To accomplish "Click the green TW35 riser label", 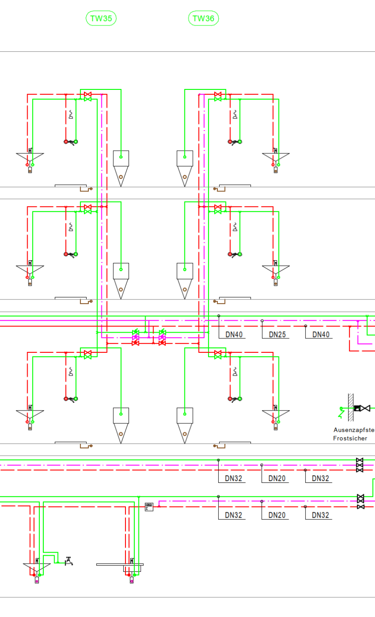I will click(101, 18).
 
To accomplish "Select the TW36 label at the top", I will click(204, 18).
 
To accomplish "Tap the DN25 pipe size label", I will click(277, 334).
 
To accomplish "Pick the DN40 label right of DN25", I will click(321, 334).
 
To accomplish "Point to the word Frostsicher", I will click(350, 438).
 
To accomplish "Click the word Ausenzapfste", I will click(354, 430).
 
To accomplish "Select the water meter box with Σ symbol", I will click(149, 507).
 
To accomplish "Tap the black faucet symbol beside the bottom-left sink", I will click(68, 561).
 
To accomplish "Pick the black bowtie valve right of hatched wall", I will click(365, 408).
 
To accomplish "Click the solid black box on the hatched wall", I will click(357, 408).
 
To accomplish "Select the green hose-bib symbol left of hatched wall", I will click(342, 411).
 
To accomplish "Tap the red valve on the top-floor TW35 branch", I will click(87, 94).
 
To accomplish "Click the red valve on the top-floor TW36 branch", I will click(217, 94).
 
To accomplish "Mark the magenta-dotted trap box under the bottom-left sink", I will click(37, 580).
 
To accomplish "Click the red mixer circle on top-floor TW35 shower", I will click(66, 142).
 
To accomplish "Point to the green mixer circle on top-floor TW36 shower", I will click(240, 142).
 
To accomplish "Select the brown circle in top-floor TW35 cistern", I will click(121, 177).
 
